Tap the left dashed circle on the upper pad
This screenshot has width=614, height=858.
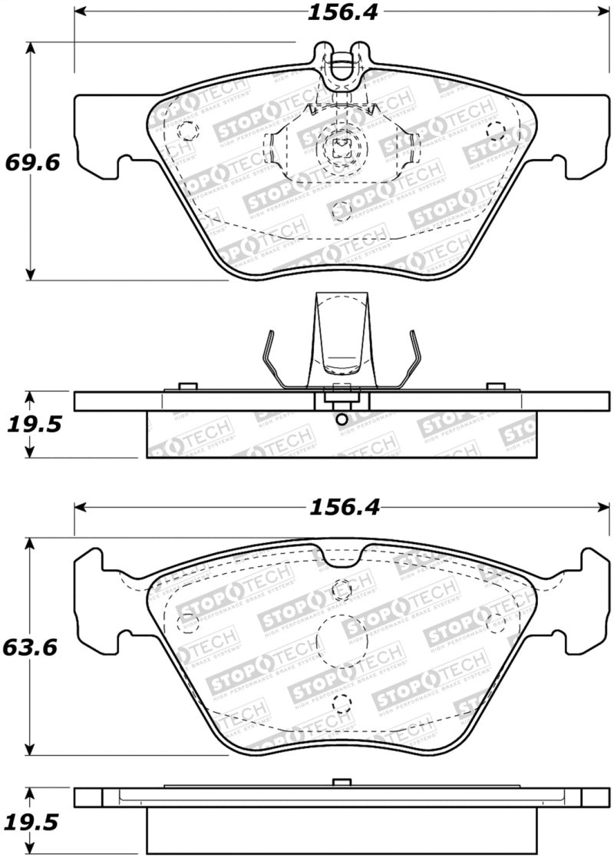(x=186, y=131)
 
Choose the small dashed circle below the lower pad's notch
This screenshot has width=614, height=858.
(x=342, y=589)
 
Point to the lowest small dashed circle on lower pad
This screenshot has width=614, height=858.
(x=342, y=701)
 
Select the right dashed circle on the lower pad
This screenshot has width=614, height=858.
(x=496, y=622)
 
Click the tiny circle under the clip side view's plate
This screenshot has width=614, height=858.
(x=342, y=419)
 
